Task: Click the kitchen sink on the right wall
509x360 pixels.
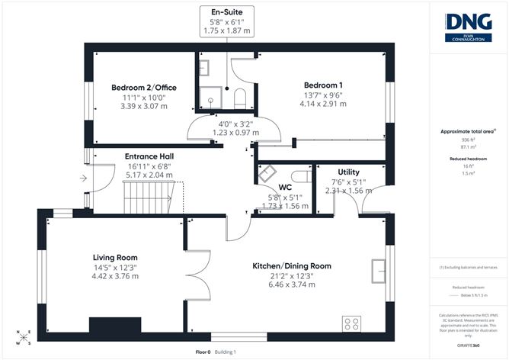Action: point(378,269)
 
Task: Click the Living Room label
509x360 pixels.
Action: point(115,258)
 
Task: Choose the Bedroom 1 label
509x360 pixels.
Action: point(322,85)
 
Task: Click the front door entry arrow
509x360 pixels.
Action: point(82,180)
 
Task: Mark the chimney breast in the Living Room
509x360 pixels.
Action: point(110,326)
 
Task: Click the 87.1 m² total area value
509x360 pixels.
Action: point(468,146)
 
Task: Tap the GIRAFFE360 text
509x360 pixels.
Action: point(468,346)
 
